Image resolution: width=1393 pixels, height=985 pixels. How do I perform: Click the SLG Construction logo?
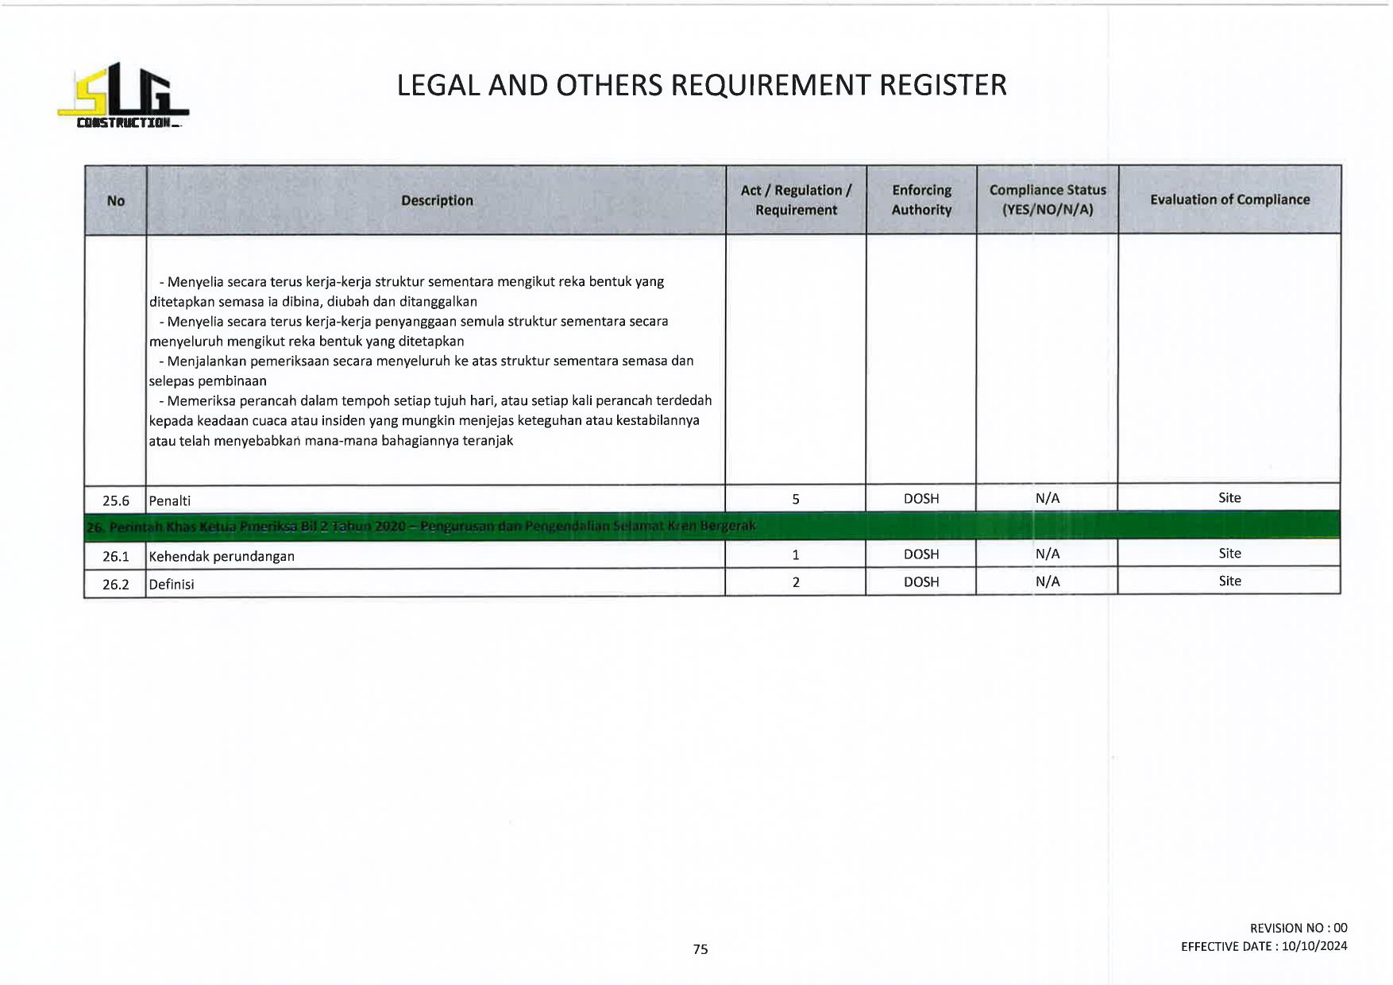pyautogui.click(x=123, y=96)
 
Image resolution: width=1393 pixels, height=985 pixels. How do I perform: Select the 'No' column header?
pyautogui.click(x=116, y=201)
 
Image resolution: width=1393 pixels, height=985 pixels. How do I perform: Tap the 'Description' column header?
pyautogui.click(x=437, y=201)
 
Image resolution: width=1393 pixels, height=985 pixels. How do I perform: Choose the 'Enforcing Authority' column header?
pyautogui.click(x=921, y=200)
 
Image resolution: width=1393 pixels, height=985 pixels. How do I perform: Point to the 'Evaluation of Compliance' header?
pyautogui.click(x=1229, y=200)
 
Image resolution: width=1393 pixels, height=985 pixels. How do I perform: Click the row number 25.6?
pyautogui.click(x=116, y=500)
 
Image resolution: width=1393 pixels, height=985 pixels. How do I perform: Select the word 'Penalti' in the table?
pyautogui.click(x=170, y=500)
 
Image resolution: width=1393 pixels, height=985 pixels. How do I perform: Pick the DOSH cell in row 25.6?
pyautogui.click(x=921, y=499)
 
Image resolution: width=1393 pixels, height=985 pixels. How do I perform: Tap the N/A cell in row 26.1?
pyautogui.click(x=1048, y=554)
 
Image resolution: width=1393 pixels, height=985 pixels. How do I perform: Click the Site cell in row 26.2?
pyautogui.click(x=1229, y=581)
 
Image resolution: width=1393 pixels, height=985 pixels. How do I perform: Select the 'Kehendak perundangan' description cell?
pyautogui.click(x=222, y=556)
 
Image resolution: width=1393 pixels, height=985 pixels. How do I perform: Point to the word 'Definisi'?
pyautogui.click(x=172, y=584)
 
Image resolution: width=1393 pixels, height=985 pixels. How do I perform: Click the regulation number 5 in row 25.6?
pyautogui.click(x=796, y=499)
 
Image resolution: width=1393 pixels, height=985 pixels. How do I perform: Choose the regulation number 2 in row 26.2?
pyautogui.click(x=796, y=582)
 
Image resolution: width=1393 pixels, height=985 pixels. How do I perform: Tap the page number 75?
pyautogui.click(x=700, y=949)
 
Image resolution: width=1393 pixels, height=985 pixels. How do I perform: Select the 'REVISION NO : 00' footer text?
pyautogui.click(x=1298, y=928)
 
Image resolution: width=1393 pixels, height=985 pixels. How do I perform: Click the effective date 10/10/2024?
pyautogui.click(x=1314, y=946)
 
